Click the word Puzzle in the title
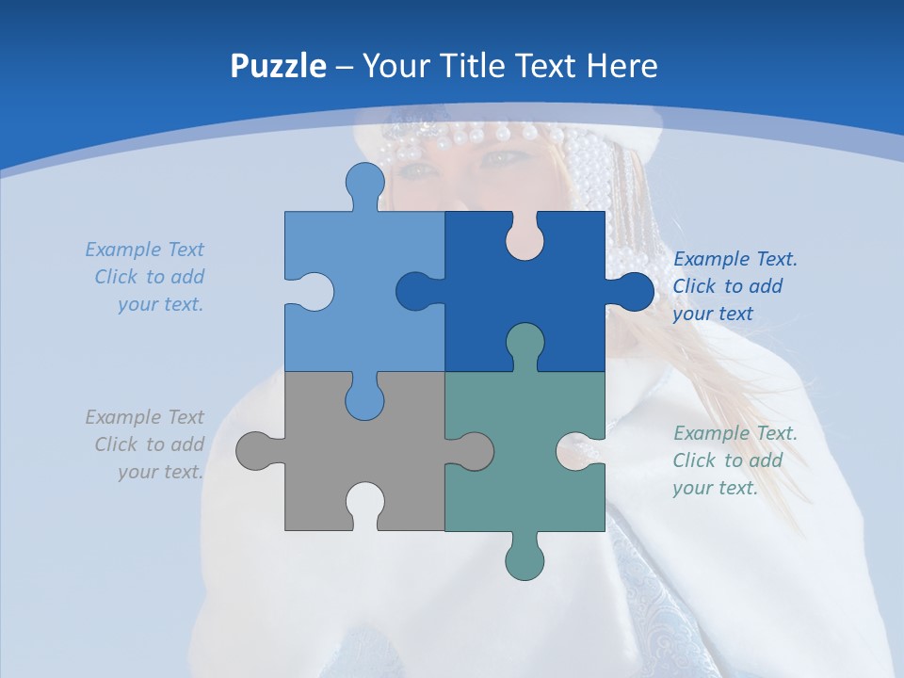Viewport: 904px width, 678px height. (x=279, y=67)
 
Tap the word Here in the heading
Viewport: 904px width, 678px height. (x=621, y=67)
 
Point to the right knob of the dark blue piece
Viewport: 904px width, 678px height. (x=632, y=291)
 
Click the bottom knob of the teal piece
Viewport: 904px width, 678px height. (x=525, y=559)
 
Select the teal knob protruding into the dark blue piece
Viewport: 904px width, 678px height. (x=525, y=344)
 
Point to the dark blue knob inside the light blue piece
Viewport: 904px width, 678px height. (x=415, y=291)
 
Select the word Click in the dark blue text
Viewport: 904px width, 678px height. (x=694, y=286)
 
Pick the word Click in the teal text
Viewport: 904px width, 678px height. (x=694, y=460)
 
